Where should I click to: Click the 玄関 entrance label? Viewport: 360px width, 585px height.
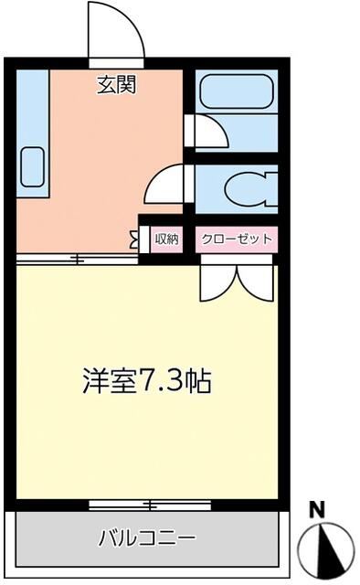coord(117,85)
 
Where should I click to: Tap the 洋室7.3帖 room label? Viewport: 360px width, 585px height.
coord(146,381)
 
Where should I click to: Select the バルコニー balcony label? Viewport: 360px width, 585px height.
coord(146,538)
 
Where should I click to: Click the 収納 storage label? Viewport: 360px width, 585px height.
coord(167,239)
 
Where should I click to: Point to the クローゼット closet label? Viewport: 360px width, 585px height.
coord(237,239)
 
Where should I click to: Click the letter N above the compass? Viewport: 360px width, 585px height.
coord(317,510)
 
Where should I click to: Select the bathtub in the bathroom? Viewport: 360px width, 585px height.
coord(237,91)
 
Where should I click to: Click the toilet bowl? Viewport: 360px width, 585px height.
coord(246,189)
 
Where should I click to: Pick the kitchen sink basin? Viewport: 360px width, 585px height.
coord(33,166)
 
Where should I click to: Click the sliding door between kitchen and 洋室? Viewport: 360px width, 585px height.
coord(78,259)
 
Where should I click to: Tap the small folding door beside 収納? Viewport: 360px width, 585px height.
coord(134,239)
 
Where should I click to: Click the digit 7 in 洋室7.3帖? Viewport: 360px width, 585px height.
coord(145,381)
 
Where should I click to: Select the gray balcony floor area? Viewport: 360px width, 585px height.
coord(146,538)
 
